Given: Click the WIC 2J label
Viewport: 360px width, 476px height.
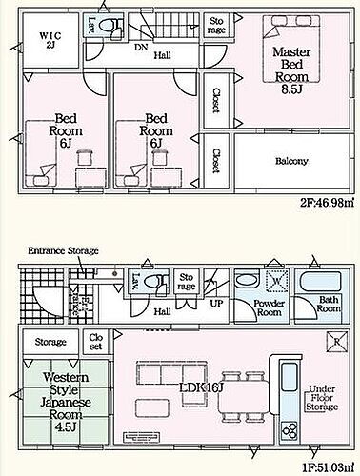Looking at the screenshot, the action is click(50, 40).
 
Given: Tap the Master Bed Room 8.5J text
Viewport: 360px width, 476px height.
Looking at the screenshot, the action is click(291, 70).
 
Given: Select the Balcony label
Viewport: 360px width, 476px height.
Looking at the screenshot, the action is click(291, 161).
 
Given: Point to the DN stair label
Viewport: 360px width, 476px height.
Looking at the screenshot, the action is click(141, 48).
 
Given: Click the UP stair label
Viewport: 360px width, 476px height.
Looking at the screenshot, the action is click(217, 304).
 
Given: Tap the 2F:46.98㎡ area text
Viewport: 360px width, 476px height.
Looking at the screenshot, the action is click(327, 202).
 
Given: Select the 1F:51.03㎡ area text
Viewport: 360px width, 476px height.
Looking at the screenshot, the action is click(328, 467).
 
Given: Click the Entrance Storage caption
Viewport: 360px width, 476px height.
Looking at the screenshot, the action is click(63, 250).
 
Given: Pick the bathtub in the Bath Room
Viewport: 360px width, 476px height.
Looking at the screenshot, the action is click(321, 281).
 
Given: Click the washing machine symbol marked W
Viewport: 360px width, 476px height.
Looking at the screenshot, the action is click(277, 281).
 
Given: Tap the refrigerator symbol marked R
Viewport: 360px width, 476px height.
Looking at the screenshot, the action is click(337, 342).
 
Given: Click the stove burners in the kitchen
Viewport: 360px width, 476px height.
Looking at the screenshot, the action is click(290, 430).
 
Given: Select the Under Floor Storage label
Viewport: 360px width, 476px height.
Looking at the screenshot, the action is click(322, 398).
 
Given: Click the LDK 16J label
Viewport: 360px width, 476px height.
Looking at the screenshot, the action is click(202, 387).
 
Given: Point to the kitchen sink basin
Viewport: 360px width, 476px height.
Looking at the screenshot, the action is click(290, 377).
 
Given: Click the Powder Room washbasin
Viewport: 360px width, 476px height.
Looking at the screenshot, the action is click(248, 280).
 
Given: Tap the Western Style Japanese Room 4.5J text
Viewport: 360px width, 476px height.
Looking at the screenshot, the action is click(66, 402).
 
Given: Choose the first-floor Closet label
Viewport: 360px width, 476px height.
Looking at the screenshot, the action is click(95, 342).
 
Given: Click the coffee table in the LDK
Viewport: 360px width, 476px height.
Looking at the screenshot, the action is click(152, 408).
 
